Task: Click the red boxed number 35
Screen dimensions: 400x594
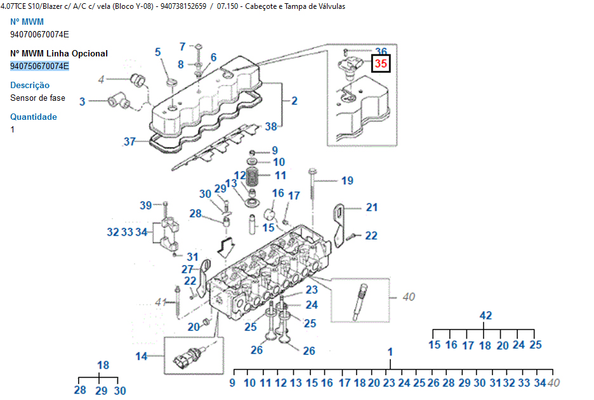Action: (381, 63)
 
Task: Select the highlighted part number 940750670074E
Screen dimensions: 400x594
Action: (39, 66)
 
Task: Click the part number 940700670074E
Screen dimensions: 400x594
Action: (39, 34)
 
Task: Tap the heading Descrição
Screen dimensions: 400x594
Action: (30, 85)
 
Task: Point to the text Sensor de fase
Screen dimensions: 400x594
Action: (37, 98)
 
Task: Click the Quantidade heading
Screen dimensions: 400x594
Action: (34, 117)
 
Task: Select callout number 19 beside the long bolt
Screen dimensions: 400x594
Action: (347, 181)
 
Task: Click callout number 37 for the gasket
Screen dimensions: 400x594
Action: (129, 141)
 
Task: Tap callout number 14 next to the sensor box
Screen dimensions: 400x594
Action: (141, 356)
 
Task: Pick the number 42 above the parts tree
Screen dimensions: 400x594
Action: (485, 316)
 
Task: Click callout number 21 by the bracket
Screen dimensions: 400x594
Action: (371, 207)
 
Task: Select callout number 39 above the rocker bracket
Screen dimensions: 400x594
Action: (146, 205)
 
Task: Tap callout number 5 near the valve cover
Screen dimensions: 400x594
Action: (158, 52)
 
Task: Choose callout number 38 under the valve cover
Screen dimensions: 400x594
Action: (271, 127)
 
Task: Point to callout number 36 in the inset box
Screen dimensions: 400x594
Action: (381, 51)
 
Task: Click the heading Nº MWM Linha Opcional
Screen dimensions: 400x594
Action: (59, 53)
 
